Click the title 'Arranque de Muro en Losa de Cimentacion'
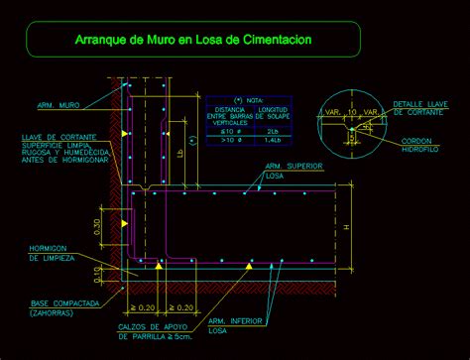193,41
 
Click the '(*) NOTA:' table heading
243,101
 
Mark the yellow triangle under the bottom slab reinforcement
251,265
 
